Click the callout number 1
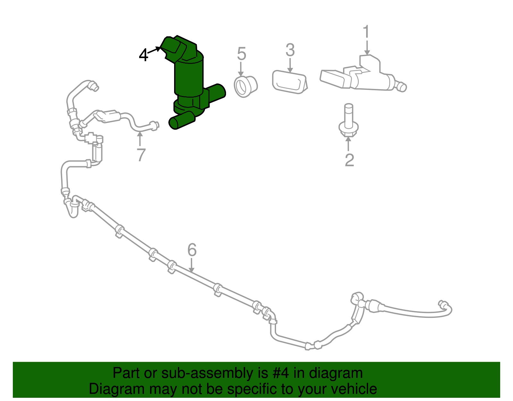pyautogui.click(x=366, y=31)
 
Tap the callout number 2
pyautogui.click(x=349, y=160)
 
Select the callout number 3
pyautogui.click(x=290, y=50)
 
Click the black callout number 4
pyautogui.click(x=144, y=55)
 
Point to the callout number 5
pyautogui.click(x=241, y=53)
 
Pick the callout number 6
pyautogui.click(x=192, y=250)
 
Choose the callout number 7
pyautogui.click(x=141, y=155)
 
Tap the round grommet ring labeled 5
pyautogui.click(x=246, y=87)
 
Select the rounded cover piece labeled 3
pyautogui.click(x=290, y=82)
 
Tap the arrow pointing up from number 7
pyautogui.click(x=140, y=139)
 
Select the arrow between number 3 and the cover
pyautogui.click(x=290, y=65)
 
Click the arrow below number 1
pyautogui.click(x=367, y=48)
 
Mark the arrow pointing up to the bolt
pyautogui.click(x=348, y=144)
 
